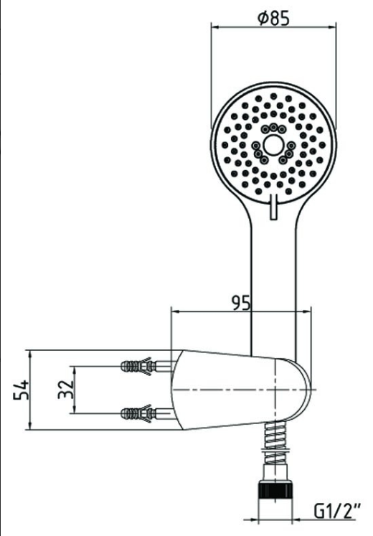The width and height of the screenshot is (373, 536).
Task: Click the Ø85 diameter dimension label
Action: [273, 18]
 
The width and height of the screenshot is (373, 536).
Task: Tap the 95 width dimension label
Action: [241, 303]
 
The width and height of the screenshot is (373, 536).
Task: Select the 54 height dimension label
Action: [21, 390]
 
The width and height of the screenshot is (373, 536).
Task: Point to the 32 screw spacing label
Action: [65, 390]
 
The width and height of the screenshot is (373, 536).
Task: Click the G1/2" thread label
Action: [337, 512]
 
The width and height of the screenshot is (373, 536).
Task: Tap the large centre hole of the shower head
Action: [273, 146]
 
